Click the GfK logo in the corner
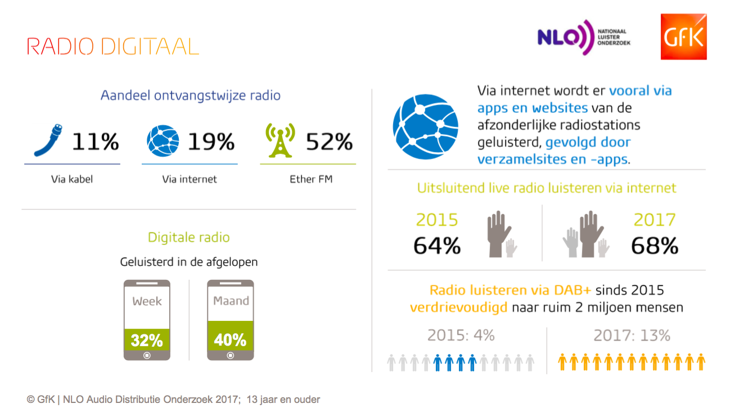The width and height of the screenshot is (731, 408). [683, 37]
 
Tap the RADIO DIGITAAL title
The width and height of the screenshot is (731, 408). [112, 47]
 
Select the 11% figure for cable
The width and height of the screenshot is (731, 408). [95, 141]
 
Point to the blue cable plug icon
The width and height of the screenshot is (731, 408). [48, 140]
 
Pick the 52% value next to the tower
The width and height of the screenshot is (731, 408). [330, 141]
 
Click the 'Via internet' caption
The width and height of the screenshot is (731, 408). [189, 179]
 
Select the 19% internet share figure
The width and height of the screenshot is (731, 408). [211, 141]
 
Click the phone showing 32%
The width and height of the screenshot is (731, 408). [147, 320]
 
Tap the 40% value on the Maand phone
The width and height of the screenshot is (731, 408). [230, 340]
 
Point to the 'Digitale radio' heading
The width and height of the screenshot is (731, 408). [189, 237]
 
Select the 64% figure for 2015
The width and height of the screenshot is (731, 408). [437, 246]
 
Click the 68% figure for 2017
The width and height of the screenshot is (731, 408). [655, 246]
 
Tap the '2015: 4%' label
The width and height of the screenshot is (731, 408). [461, 336]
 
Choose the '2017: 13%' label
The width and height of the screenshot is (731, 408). [632, 336]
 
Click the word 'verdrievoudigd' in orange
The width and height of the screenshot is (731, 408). [459, 307]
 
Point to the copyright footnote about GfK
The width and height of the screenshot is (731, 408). [173, 400]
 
